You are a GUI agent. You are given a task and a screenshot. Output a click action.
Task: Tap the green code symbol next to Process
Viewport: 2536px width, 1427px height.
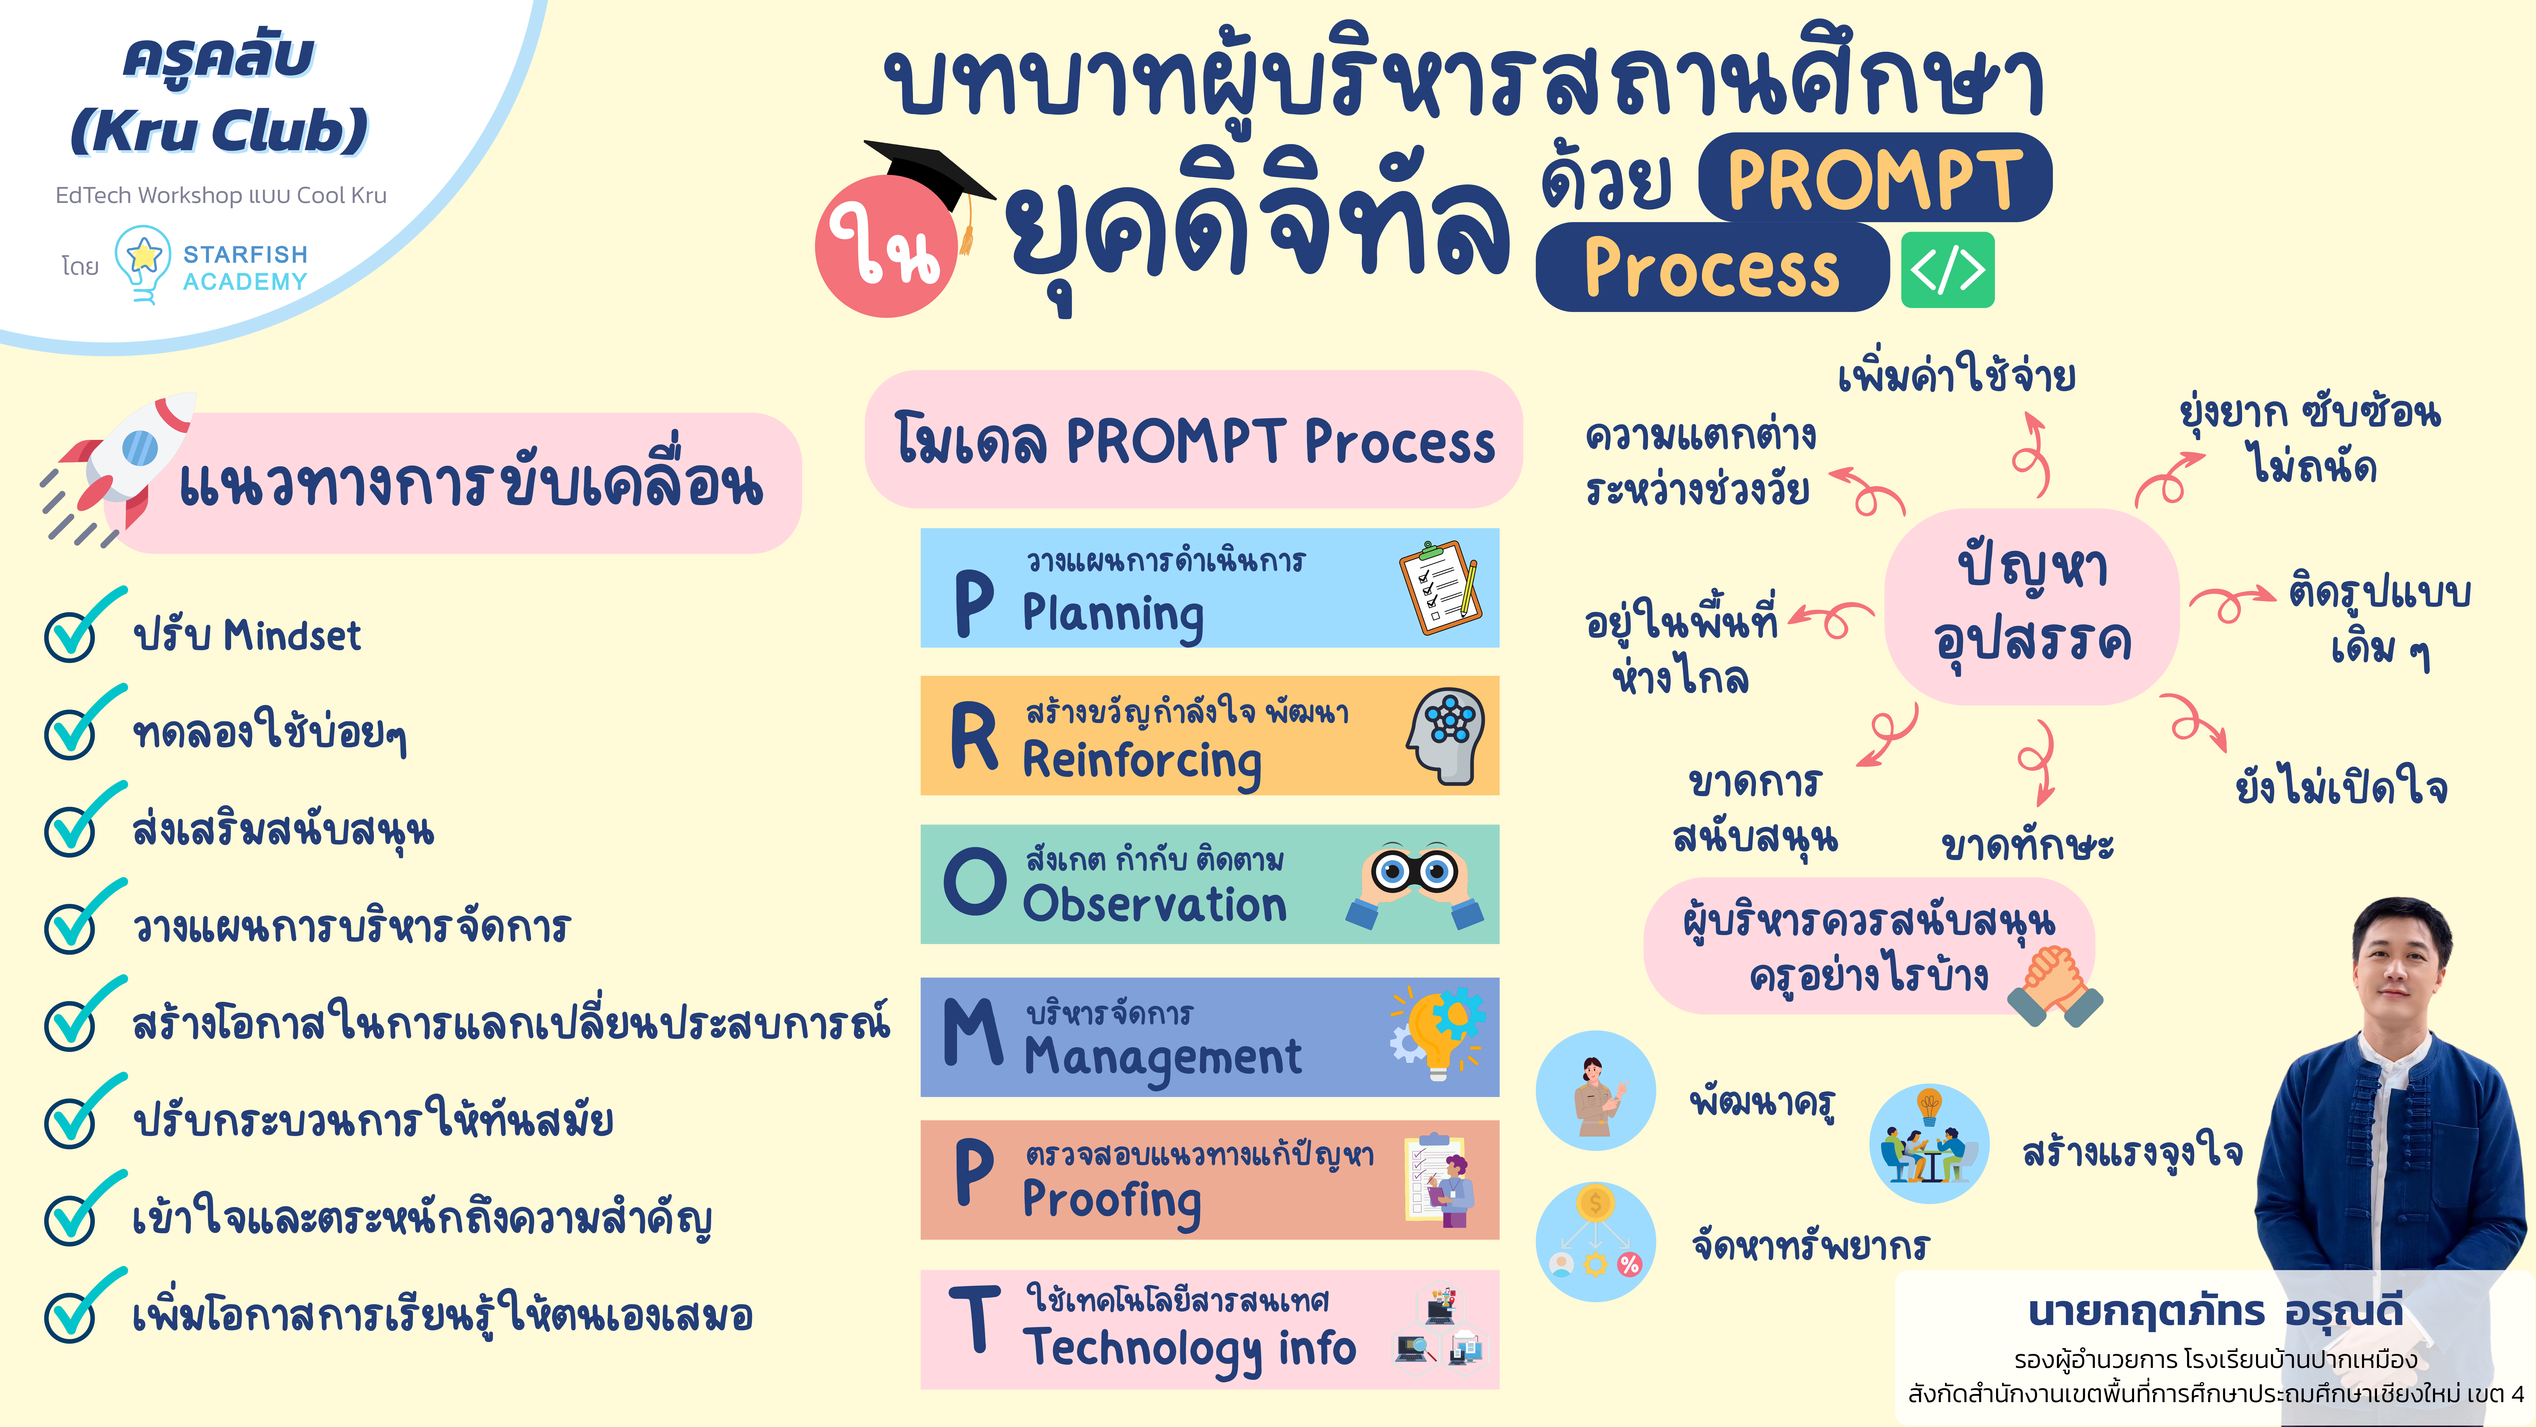tap(1947, 270)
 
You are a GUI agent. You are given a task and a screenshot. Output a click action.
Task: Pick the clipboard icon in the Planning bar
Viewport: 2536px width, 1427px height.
tap(1439, 587)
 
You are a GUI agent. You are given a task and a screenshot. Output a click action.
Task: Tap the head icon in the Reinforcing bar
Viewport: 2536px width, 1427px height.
tap(1445, 735)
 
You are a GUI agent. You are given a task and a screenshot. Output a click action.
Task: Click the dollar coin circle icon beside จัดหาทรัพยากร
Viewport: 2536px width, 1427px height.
tap(1595, 1241)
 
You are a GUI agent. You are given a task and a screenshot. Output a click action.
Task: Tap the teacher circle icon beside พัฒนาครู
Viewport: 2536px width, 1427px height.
tap(1595, 1090)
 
